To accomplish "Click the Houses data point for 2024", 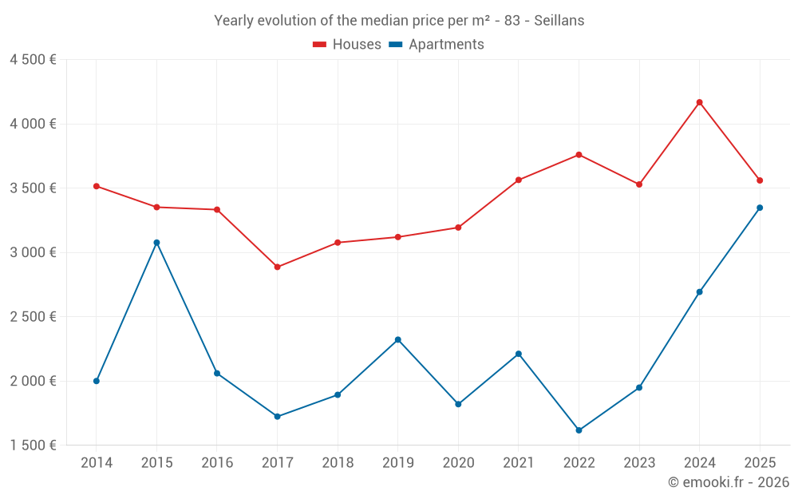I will click(x=699, y=102).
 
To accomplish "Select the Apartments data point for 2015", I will click(x=156, y=243).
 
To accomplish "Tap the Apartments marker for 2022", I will click(x=579, y=430).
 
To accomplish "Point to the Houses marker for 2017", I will click(x=277, y=267).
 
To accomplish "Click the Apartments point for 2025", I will click(x=760, y=208).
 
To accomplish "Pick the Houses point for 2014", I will click(x=96, y=186).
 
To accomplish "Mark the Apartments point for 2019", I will click(x=397, y=340).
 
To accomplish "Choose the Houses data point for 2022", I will click(x=579, y=155).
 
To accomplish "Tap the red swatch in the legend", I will click(x=320, y=45).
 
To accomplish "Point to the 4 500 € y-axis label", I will click(x=33, y=60).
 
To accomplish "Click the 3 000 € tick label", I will click(x=33, y=252).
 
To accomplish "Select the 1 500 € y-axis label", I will click(x=33, y=446).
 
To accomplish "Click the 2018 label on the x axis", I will click(x=338, y=463).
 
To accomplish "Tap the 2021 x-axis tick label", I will click(x=519, y=463).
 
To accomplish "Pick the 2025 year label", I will click(x=760, y=463).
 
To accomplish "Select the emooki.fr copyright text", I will click(x=728, y=482).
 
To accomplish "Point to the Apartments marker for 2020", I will click(x=458, y=404).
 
